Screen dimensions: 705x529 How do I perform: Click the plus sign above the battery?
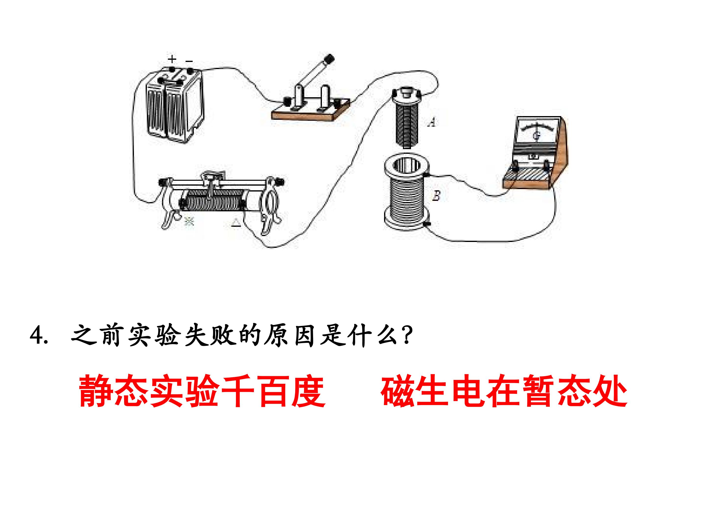(172, 59)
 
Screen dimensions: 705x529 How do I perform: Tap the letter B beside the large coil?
(436, 195)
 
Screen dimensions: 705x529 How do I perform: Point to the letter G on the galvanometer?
(537, 135)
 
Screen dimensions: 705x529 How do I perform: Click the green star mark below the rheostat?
(189, 221)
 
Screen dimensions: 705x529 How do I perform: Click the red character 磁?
(397, 391)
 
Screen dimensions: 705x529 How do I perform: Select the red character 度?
(309, 391)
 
